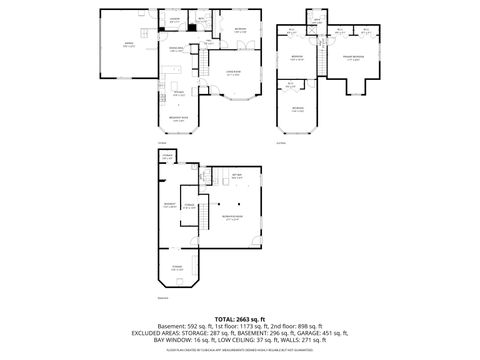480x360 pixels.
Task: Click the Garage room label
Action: (128, 46)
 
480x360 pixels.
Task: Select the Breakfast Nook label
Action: (178, 119)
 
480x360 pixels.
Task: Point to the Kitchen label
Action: (178, 94)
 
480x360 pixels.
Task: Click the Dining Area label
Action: (175, 49)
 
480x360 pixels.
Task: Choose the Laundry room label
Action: (174, 19)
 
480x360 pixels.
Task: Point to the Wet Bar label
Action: (238, 176)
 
